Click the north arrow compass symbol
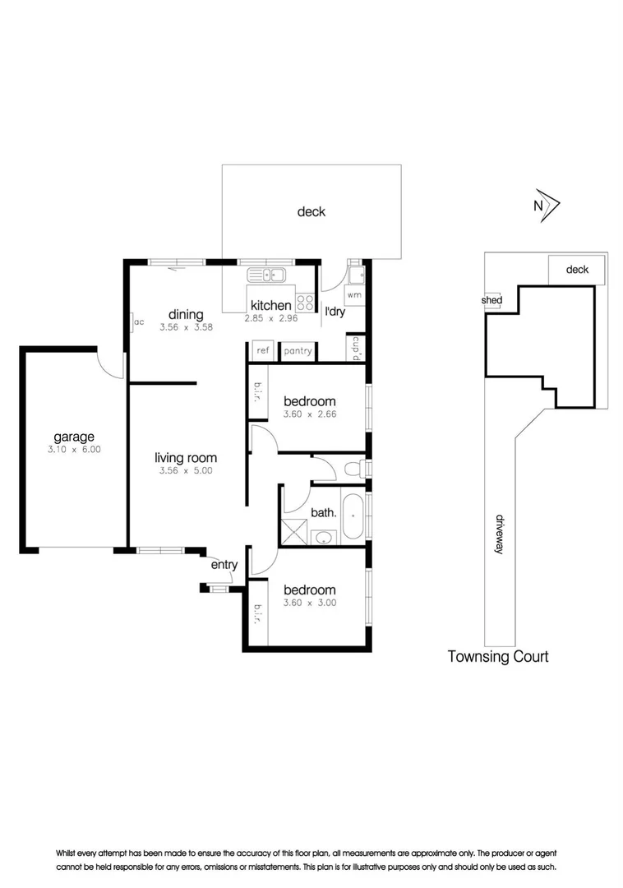tap(546, 206)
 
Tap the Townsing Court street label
tap(497, 656)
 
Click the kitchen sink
tap(266, 275)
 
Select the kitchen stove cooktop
tap(306, 302)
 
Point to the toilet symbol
tap(353, 469)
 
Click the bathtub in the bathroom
tap(353, 516)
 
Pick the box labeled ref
tap(262, 351)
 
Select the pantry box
tap(297, 351)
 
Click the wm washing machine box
tap(354, 294)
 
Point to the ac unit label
tap(138, 321)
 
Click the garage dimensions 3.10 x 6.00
tap(74, 450)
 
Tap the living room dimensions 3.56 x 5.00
tap(185, 471)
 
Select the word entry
tap(224, 564)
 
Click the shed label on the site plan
tap(492, 300)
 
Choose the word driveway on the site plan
tap(499, 534)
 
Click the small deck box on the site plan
tap(577, 269)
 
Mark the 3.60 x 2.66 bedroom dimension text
tap(309, 414)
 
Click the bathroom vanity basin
tap(325, 538)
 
